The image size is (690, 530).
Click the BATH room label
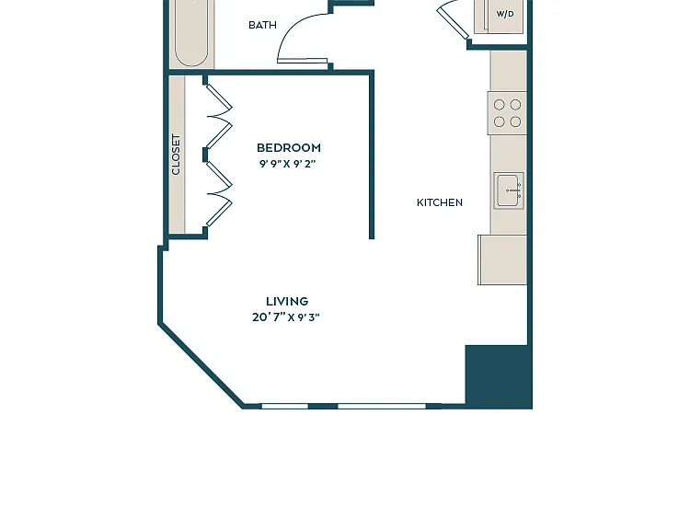tap(263, 25)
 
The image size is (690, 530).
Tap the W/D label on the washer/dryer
tap(505, 14)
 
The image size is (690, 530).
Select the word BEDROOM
tap(289, 147)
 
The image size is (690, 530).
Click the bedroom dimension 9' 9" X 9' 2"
tap(288, 164)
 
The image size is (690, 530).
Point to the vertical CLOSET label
tap(176, 155)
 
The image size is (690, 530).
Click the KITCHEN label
tap(440, 202)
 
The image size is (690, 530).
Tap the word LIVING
tap(287, 302)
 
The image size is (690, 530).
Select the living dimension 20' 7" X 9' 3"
tap(286, 317)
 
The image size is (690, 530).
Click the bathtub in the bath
tap(191, 33)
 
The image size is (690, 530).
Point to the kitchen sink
tap(509, 190)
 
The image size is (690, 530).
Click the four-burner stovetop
tap(507, 113)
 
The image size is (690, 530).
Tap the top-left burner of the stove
tap(499, 105)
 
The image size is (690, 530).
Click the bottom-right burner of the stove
tap(515, 121)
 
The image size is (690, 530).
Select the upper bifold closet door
tap(219, 116)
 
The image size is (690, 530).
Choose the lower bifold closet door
tap(219, 193)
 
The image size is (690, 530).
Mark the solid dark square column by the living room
tap(498, 377)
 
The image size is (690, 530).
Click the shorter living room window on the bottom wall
tap(284, 406)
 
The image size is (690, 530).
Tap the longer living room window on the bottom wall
tap(382, 406)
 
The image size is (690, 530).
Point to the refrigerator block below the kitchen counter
tap(502, 259)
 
